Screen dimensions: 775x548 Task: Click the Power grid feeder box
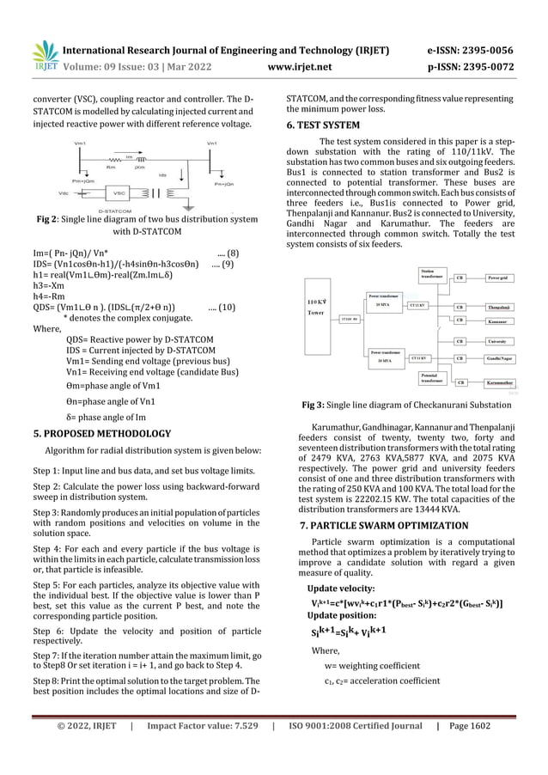pyautogui.click(x=498, y=278)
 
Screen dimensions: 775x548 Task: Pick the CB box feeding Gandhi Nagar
pyautogui.click(x=460, y=357)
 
